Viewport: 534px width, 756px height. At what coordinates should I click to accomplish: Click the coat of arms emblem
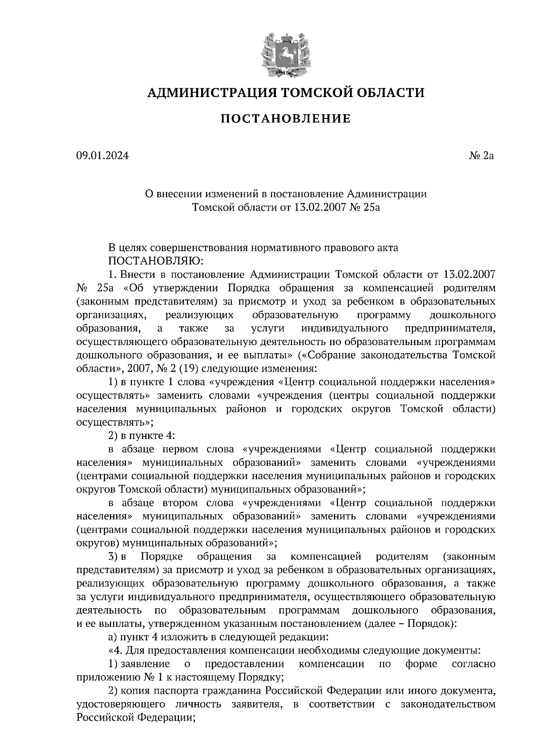[285, 53]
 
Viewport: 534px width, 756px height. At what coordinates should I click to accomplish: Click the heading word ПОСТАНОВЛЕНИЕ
[285, 119]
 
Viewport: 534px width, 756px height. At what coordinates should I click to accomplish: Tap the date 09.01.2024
[102, 156]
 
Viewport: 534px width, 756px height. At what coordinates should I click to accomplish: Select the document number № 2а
[481, 156]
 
